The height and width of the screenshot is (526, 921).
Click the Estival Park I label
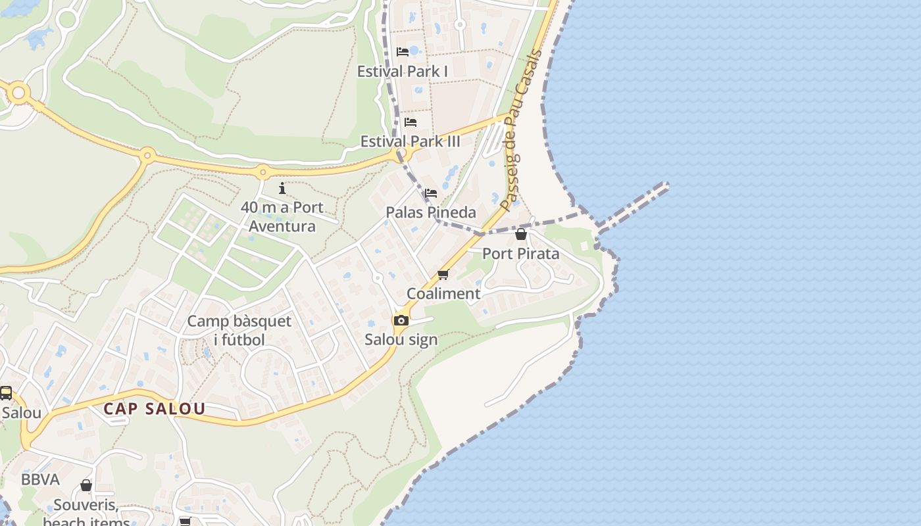402,71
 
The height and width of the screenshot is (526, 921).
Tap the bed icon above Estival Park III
411,122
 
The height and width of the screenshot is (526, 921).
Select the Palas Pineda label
431,212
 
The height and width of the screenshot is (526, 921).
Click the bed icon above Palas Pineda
431,193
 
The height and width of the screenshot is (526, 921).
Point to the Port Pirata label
521,253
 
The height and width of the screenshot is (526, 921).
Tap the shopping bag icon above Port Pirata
521,234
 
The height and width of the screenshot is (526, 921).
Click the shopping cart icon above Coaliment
443,274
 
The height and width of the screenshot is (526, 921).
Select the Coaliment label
443,293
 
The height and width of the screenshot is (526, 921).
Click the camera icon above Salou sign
401,321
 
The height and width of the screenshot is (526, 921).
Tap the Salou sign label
401,340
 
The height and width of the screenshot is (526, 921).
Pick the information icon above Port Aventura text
282,189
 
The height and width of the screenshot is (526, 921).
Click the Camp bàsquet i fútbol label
239,330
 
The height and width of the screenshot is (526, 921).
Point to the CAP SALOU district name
155,408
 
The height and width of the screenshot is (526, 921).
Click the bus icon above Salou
6,393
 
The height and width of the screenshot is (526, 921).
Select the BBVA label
40,479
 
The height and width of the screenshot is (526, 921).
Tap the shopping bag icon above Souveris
86,486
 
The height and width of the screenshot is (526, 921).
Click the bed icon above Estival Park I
403,52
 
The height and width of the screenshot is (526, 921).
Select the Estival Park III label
411,141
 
